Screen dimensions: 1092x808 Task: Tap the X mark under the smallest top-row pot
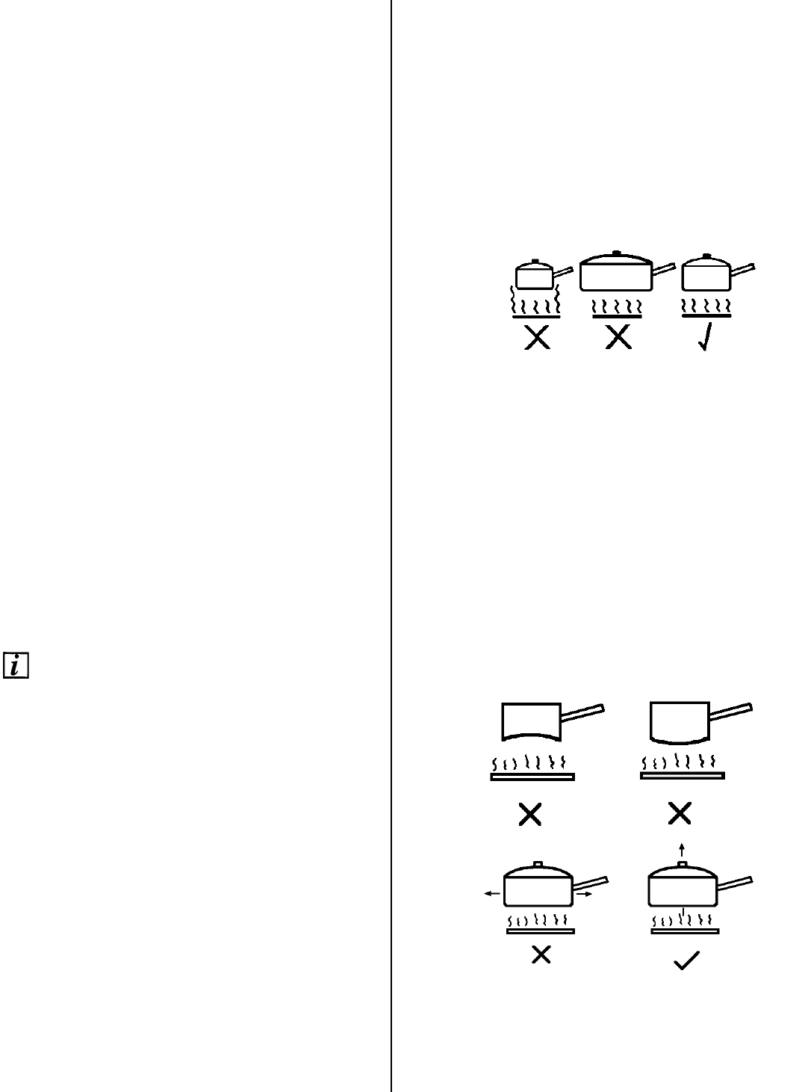click(x=538, y=339)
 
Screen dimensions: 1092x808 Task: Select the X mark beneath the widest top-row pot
click(x=618, y=339)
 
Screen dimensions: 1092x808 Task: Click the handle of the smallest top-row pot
click(x=562, y=271)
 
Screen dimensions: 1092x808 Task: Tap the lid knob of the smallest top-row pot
click(x=534, y=261)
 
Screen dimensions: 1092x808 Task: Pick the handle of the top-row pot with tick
click(x=743, y=270)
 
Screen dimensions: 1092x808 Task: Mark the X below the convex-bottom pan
click(x=680, y=815)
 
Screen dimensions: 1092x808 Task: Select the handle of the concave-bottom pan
click(x=582, y=713)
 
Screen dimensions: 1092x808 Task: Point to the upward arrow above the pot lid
click(x=681, y=849)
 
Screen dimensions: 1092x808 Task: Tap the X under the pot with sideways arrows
click(x=541, y=954)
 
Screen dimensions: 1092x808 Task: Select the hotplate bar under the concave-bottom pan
click(x=532, y=777)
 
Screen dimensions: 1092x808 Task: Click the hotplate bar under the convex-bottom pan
click(x=682, y=777)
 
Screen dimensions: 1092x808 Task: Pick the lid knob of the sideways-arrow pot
click(x=538, y=865)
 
